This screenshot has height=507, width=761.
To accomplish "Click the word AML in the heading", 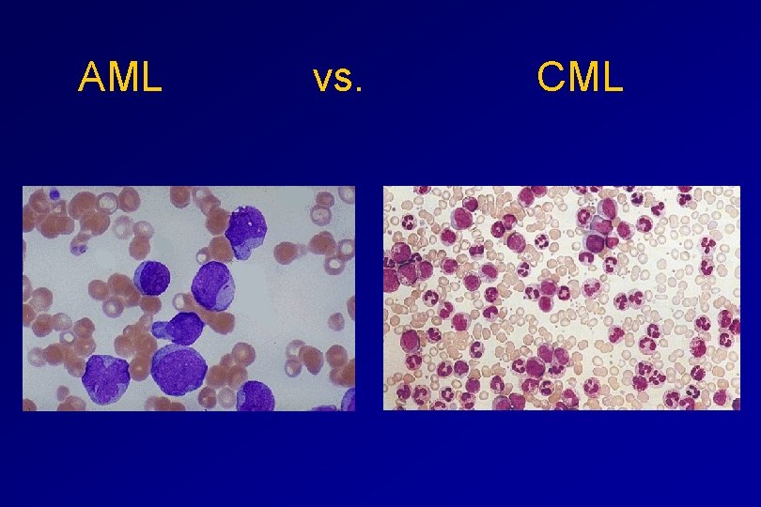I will coord(120,78).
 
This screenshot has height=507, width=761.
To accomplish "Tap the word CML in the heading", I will coord(580,78).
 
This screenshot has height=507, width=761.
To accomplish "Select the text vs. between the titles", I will coord(337,80).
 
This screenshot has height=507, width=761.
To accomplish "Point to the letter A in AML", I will coord(92,78).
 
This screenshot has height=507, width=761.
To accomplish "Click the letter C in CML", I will coord(551,78).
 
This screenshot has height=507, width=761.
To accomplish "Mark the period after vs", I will coord(358,91).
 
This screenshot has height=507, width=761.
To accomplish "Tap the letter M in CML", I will coord(582,78).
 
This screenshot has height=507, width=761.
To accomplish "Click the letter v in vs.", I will coord(321,82).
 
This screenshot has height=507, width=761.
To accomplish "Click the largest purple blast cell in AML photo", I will coord(179,370).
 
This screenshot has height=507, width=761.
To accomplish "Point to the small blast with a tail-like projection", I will coord(181,328).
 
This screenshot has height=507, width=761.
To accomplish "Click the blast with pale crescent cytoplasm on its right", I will coord(214,285).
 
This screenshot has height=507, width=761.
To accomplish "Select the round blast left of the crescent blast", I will coord(151,279).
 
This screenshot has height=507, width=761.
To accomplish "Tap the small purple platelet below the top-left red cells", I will coord(79,249).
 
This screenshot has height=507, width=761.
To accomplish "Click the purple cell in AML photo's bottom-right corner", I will coord(349,401).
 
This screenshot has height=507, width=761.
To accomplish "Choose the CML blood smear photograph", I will coord(562,298).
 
